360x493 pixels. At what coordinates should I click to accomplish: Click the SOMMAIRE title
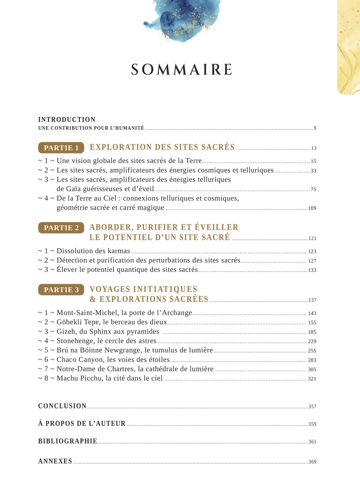[x=182, y=69]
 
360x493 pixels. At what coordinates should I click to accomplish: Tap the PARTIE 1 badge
[x=61, y=148]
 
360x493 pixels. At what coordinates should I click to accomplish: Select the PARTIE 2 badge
[x=61, y=228]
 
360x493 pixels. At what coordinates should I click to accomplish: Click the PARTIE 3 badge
[x=61, y=290]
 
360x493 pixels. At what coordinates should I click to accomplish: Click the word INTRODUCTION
[x=67, y=120]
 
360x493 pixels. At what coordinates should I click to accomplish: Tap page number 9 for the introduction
[x=315, y=128]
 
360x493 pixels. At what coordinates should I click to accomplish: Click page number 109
[x=312, y=208]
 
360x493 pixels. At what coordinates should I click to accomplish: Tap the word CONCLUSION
[x=62, y=406]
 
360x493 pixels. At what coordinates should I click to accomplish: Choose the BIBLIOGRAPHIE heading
[x=68, y=441]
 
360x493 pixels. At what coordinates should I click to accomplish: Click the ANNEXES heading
[x=55, y=461]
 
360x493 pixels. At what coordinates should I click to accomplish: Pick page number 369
[x=312, y=462]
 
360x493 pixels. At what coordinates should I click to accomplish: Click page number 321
[x=312, y=379]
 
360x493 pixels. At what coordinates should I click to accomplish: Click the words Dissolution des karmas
[x=93, y=251]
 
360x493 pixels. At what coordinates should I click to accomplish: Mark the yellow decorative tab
[x=349, y=46]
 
